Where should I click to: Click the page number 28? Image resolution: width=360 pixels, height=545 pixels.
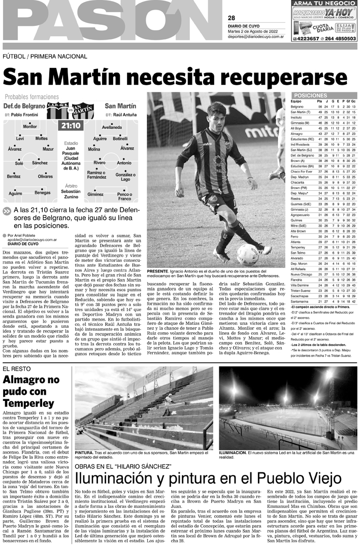click(232, 18)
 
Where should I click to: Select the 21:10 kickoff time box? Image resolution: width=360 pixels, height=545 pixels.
click(71, 125)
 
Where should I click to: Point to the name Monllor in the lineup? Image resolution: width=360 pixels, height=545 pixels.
click(30, 126)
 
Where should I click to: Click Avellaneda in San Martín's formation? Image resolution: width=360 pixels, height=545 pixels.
click(112, 126)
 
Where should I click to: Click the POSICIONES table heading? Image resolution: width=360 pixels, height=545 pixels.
click(324, 95)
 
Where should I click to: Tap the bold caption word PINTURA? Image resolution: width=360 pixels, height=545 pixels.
click(83, 452)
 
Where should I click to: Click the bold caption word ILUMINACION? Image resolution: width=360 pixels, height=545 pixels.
click(232, 452)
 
